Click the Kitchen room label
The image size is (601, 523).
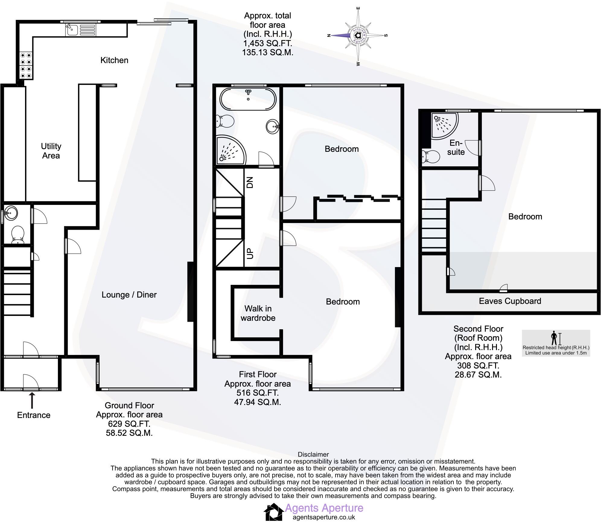[114, 60]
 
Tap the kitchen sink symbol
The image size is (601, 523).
[72, 30]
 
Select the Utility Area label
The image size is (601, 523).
[51, 151]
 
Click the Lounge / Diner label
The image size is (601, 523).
[129, 295]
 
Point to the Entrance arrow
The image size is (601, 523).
[32, 400]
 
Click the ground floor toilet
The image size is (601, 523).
[17, 235]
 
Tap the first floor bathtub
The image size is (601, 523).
[248, 99]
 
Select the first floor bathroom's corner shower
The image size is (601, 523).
[230, 150]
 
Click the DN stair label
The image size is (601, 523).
[250, 182]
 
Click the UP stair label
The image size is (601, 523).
[250, 254]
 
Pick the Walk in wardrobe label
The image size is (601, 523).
[258, 313]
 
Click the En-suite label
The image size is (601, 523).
[456, 148]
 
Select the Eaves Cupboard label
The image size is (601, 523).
[510, 301]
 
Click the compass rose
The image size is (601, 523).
[358, 36]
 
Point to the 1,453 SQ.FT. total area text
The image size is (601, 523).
[268, 43]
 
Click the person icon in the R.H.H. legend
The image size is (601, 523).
[554, 338]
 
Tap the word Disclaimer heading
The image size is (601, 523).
[313, 454]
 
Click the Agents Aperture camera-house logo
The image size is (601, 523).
[273, 512]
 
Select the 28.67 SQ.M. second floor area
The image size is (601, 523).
[478, 375]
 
